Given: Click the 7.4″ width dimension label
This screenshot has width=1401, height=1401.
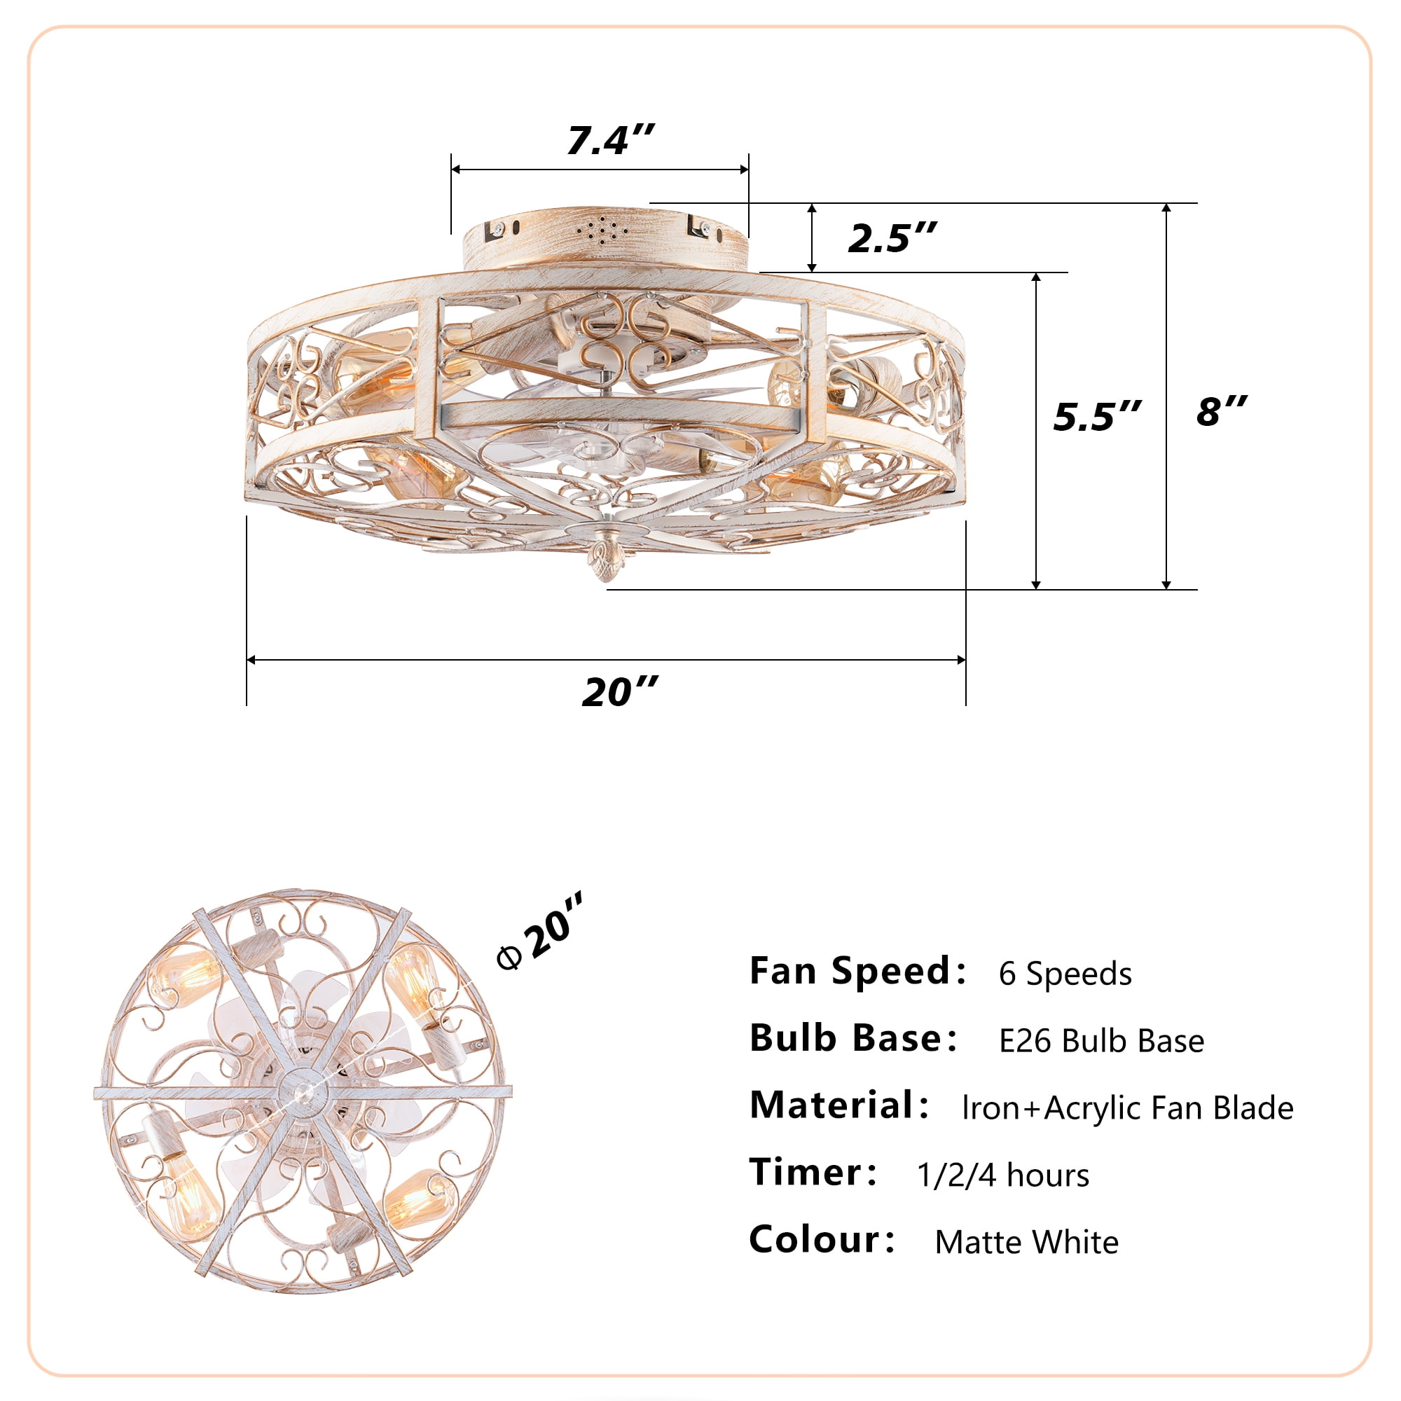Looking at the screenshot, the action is point(611,139).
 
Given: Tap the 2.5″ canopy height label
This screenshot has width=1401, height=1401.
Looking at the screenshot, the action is point(892,237).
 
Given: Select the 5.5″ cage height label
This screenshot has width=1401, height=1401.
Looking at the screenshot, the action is point(1096,415).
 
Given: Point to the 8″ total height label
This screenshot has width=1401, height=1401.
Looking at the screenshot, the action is point(1221,410).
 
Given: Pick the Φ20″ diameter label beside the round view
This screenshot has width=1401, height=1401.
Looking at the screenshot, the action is point(540,930).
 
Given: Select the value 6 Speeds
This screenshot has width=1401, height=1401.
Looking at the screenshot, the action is point(1065,973).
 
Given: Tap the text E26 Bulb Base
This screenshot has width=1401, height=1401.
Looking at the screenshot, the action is point(1101,1041).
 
